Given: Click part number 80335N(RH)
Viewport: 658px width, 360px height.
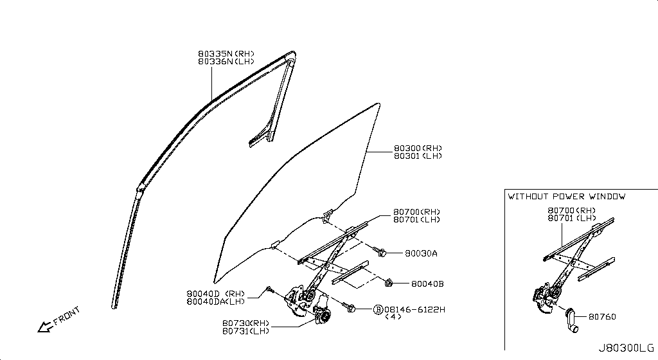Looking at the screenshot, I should tap(226, 53).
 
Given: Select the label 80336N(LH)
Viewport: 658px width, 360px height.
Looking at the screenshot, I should tap(226, 61).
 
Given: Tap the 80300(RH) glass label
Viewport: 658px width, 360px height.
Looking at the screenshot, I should tap(418, 148).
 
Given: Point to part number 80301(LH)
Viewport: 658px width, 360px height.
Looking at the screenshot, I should tap(418, 156).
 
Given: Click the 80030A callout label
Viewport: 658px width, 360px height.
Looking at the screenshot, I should tap(421, 254).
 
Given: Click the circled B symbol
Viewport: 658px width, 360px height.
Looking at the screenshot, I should tap(378, 309).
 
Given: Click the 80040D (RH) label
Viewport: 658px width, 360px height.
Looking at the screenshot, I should tap(216, 293).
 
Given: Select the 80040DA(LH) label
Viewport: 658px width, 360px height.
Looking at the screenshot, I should tap(216, 301).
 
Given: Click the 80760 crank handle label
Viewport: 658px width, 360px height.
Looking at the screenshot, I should tap(602, 316).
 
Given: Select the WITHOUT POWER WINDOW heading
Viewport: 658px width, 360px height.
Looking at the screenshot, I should tap(566, 196).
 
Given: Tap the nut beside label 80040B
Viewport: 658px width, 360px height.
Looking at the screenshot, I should tap(389, 282).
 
